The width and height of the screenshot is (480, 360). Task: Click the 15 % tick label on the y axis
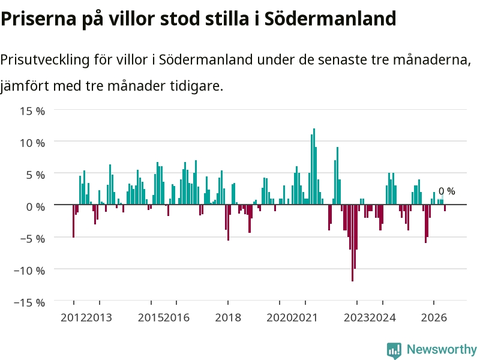32,111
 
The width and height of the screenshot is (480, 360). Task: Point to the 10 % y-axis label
32,143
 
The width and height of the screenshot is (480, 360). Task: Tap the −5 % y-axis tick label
32,239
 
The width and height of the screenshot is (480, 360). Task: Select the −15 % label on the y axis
29,303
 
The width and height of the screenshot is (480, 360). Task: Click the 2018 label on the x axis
228,317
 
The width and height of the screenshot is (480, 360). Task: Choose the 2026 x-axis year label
434,317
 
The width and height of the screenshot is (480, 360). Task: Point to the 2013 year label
99,317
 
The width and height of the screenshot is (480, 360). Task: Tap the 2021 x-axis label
305,317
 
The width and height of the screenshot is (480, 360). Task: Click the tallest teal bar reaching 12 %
314,167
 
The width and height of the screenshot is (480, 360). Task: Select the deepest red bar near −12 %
353,243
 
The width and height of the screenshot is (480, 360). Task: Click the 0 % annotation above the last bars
446,191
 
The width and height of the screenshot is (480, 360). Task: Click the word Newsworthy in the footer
442,349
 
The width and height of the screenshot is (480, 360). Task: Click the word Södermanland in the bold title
331,19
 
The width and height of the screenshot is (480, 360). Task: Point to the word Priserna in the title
38,19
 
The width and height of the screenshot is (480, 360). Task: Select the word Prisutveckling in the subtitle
44,60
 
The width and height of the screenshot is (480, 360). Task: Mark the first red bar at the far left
73,221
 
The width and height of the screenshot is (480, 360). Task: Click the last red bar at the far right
445,208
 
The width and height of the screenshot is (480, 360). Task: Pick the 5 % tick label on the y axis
35,175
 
